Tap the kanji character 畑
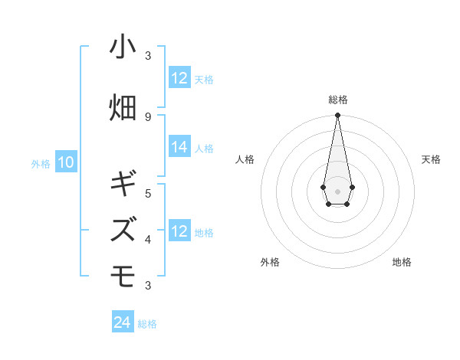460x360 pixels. (123, 107)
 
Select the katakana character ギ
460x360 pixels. (123, 184)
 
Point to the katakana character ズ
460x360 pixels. (123, 229)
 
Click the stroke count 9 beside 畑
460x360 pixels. (148, 116)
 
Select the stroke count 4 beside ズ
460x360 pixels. (148, 239)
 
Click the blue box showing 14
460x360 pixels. (179, 148)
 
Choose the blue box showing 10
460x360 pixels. (66, 162)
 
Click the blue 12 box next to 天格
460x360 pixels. (179, 78)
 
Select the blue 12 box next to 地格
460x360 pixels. (179, 232)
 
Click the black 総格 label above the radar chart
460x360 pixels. (338, 100)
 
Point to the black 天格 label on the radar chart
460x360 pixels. (431, 159)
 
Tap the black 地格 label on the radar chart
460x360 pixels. (402, 262)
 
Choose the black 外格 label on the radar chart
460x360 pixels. (270, 262)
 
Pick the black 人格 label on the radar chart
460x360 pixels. (245, 159)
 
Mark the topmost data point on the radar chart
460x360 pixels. (337, 116)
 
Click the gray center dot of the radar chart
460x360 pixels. (337, 191)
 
